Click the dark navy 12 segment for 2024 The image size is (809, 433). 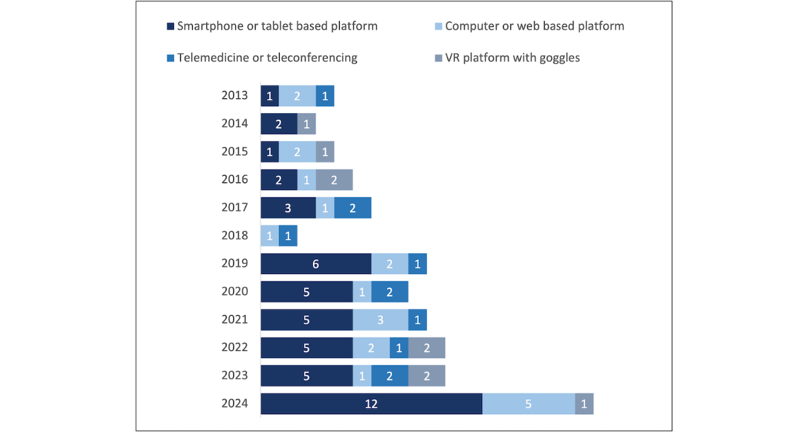point(371,403)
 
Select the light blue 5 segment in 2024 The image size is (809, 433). point(529,403)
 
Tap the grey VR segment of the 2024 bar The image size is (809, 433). point(584,403)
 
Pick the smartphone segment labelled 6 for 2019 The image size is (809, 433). point(316,264)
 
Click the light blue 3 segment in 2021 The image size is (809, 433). point(380,320)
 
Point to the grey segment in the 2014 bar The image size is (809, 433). point(307,124)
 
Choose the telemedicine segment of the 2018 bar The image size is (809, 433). point(288,236)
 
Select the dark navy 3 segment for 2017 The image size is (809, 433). point(288,208)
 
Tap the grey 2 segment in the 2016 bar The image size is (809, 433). point(334,180)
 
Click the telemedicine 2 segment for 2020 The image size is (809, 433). point(390,292)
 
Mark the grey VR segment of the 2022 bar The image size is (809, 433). point(427,347)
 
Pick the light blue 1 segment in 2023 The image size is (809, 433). point(362,376)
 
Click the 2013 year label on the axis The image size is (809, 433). point(235,96)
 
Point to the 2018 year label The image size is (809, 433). point(235,236)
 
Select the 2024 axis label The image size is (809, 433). point(235,403)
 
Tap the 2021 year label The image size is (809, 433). point(235,320)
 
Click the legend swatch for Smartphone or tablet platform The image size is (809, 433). point(171,27)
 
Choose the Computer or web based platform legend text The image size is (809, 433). point(535,26)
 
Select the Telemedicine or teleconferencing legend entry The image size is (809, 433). point(267,57)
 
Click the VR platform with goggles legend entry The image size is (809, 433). point(512,57)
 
